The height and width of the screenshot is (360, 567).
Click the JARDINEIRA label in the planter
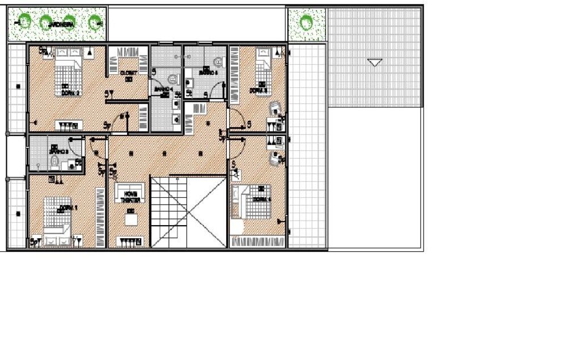click(x=62, y=24)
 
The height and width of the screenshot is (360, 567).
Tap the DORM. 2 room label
click(x=70, y=92)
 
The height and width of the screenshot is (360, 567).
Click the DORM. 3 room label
click(x=259, y=90)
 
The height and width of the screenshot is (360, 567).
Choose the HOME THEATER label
click(x=130, y=196)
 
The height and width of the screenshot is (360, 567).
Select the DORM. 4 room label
click(x=261, y=200)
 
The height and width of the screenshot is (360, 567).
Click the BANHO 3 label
click(x=58, y=151)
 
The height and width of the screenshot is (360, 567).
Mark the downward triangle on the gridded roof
click(x=375, y=62)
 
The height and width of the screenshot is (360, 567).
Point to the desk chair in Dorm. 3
click(x=274, y=107)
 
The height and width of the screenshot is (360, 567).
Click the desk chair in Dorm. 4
click(x=276, y=159)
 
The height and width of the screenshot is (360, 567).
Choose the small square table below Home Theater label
click(x=131, y=220)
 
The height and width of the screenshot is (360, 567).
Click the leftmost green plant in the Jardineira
click(x=24, y=22)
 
